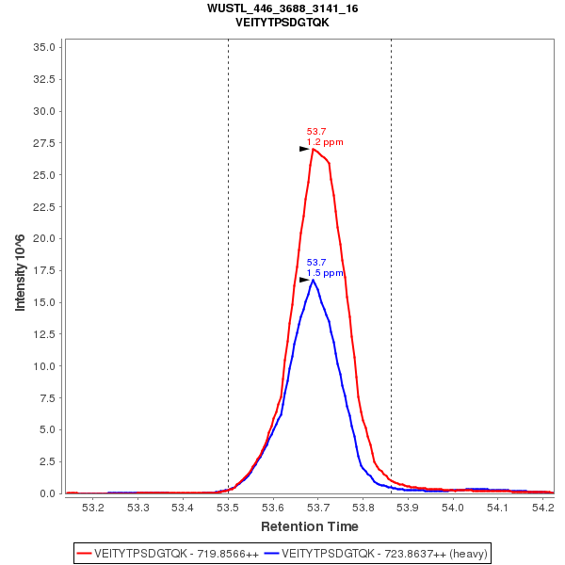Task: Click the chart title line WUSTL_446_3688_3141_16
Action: pos(282,8)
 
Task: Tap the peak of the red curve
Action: pos(314,149)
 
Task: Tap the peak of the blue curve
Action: pos(314,280)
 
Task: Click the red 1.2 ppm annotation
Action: pos(325,142)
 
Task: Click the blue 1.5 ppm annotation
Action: pos(325,273)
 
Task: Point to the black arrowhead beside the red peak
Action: pos(304,149)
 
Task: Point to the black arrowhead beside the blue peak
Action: pos(304,280)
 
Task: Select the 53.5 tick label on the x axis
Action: pos(228,508)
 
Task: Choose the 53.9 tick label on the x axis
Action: pos(409,508)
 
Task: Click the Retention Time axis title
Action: pos(310,525)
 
